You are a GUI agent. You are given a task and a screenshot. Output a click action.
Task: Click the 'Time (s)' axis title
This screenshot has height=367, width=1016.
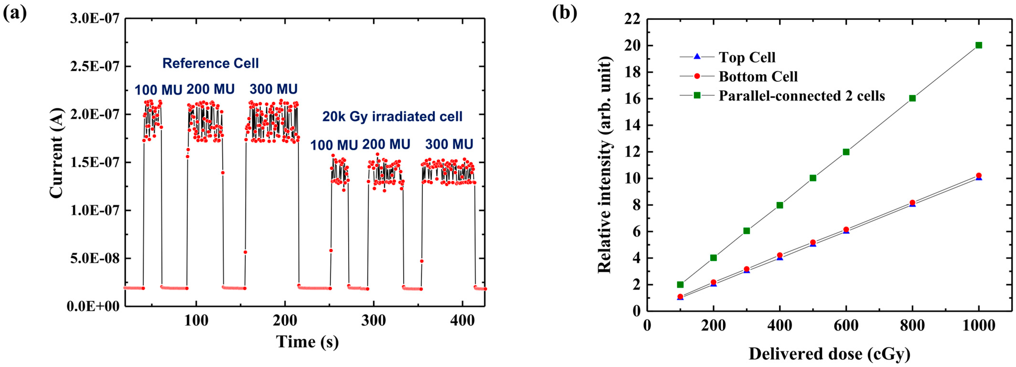click(307, 342)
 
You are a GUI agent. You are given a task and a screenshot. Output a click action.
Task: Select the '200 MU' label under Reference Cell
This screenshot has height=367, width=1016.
click(210, 89)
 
